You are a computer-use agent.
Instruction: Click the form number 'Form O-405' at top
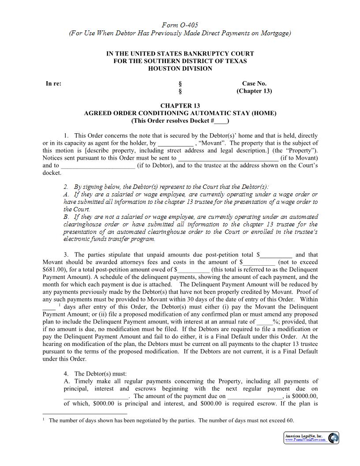click(180, 25)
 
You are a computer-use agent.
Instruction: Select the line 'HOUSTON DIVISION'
click(180, 68)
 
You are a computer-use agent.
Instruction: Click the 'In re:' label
click(53, 83)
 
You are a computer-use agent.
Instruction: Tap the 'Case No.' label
click(254, 83)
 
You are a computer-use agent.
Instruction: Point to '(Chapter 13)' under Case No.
click(254, 91)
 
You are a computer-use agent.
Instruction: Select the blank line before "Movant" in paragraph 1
click(176, 143)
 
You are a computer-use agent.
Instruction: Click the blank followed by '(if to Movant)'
click(228, 158)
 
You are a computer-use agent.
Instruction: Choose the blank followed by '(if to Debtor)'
click(98, 165)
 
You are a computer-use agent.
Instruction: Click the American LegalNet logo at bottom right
click(334, 438)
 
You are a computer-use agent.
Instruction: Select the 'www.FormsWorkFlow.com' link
click(305, 440)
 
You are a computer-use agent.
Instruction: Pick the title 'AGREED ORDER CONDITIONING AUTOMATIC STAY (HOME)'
click(180, 113)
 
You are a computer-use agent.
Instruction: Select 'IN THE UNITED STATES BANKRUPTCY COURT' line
click(180, 53)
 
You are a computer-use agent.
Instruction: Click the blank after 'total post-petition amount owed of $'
click(194, 270)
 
